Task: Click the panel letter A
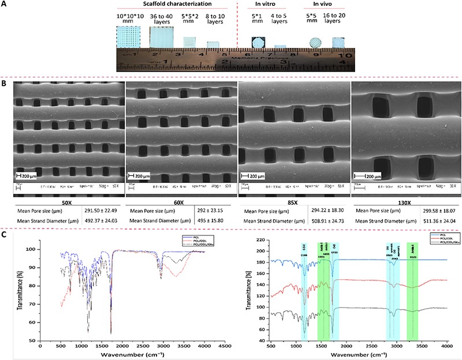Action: (x=5, y=5)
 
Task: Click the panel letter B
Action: (x=5, y=84)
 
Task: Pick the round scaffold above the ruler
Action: (x=316, y=43)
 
